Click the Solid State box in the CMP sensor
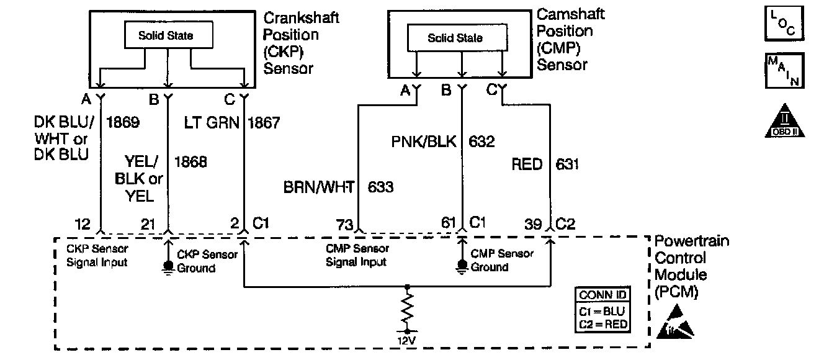click(455, 38)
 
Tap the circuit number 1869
click(123, 123)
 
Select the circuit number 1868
click(190, 163)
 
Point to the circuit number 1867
click(264, 123)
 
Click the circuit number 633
click(380, 186)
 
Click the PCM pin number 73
click(344, 224)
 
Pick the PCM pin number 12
click(83, 224)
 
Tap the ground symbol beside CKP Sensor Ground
click(166, 268)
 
